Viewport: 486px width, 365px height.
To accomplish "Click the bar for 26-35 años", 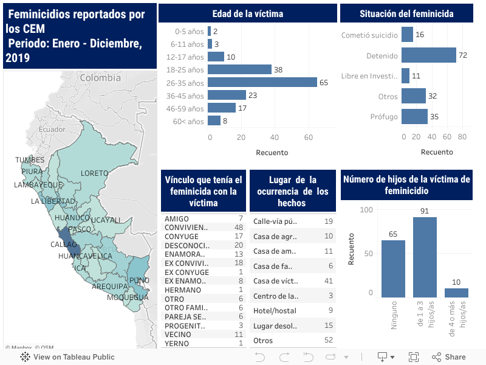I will (x=262, y=82).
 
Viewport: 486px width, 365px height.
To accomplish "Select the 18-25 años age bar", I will (x=239, y=69).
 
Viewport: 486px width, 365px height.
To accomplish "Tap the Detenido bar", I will (x=428, y=55).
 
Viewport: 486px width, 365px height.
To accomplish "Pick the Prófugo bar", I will (x=414, y=116).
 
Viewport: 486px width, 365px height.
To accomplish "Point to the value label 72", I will (x=463, y=55).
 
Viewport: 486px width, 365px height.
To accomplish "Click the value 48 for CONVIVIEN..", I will (x=239, y=228).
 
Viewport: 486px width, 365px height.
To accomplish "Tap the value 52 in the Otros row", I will (x=329, y=340).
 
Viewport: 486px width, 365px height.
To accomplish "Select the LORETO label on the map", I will (x=94, y=173).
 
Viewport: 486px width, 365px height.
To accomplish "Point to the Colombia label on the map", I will (x=100, y=78).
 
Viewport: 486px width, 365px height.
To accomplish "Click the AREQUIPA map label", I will (x=109, y=285).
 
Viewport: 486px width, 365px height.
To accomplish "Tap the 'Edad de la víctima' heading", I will (x=247, y=13).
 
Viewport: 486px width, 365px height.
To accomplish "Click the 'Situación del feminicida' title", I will (x=406, y=13).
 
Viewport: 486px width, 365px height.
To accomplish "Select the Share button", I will (x=449, y=357).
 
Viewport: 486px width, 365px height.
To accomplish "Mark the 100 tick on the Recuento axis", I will (x=366, y=209).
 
